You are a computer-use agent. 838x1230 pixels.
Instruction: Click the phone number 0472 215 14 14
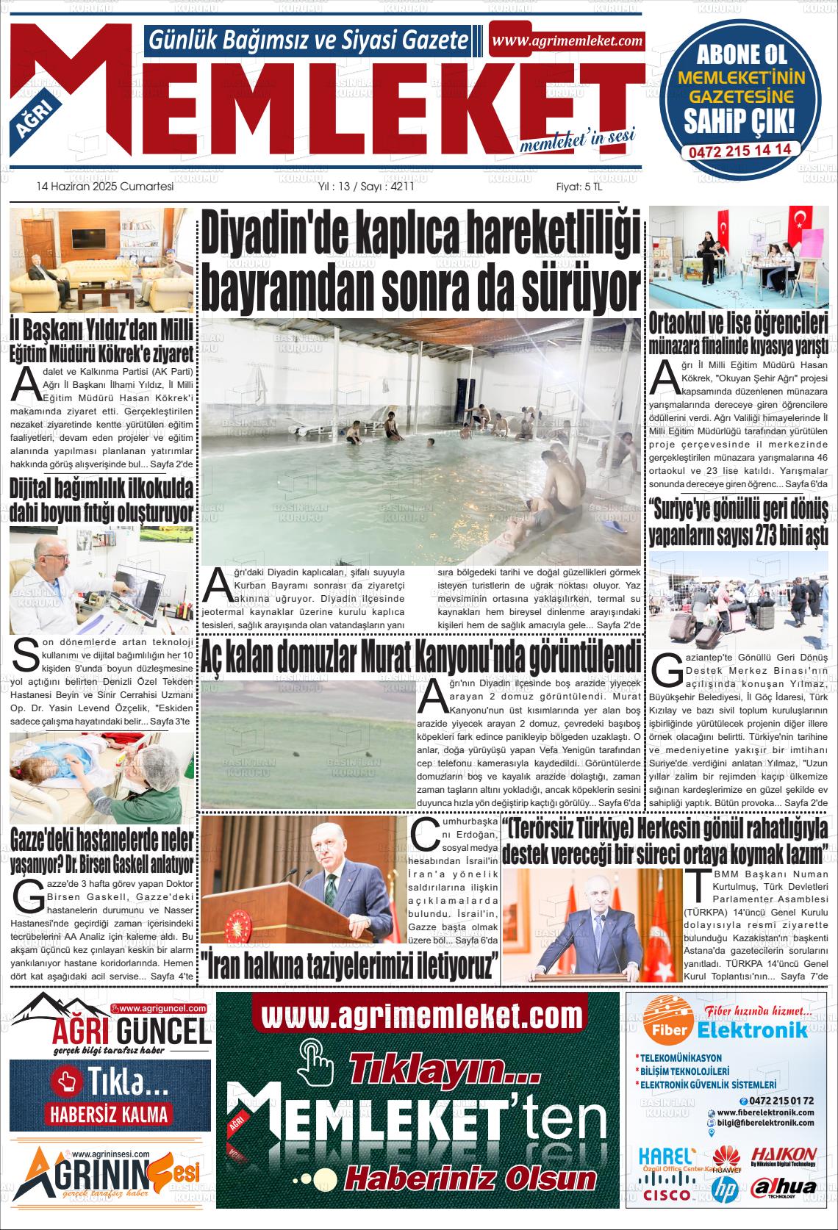(739, 149)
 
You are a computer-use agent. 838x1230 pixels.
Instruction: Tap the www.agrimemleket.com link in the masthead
(567, 41)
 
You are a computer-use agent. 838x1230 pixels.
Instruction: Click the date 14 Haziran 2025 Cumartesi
(105, 187)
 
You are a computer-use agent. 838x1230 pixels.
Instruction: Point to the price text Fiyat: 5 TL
(579, 187)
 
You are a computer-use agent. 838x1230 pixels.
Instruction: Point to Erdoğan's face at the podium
(330, 851)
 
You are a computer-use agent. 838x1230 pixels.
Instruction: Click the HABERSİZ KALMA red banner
(109, 1113)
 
